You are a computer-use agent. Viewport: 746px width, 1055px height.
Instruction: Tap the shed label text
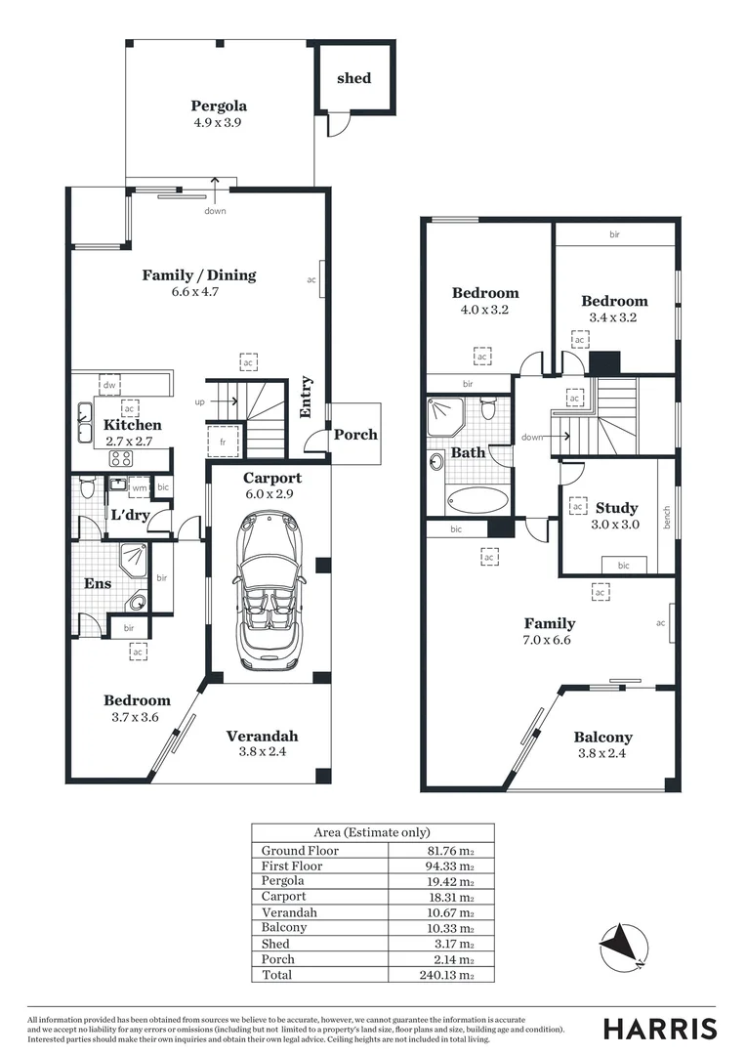(353, 78)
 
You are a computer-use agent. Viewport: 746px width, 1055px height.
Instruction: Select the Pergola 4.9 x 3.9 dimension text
(219, 123)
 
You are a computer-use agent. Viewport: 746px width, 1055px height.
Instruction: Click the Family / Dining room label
(199, 275)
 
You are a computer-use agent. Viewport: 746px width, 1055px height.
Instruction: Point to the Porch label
(355, 435)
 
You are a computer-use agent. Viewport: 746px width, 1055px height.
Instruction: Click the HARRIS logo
(659, 1028)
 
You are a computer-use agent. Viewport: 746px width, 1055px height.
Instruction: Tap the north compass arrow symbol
(622, 946)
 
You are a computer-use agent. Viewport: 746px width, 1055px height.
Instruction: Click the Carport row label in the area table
(283, 897)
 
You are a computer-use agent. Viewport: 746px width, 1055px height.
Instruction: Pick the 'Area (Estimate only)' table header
(372, 832)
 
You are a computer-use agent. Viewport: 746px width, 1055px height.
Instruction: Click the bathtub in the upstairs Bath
(477, 500)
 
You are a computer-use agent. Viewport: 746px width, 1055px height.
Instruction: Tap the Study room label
(616, 508)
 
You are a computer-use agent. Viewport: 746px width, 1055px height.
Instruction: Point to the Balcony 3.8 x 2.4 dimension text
(602, 753)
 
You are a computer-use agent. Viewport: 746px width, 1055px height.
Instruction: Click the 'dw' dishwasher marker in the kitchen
(109, 387)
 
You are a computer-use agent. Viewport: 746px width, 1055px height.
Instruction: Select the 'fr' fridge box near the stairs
(224, 441)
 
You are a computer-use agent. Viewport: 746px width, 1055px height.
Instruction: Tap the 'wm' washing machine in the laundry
(140, 486)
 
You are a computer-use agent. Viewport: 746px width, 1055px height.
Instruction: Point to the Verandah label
(262, 737)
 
